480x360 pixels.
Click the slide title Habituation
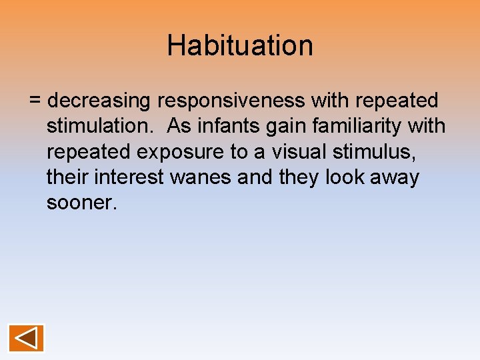click(x=240, y=45)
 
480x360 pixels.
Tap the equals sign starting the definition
click(x=36, y=101)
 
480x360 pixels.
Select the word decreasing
click(x=100, y=101)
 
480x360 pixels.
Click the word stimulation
click(x=100, y=126)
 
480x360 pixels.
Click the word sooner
click(x=81, y=203)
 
